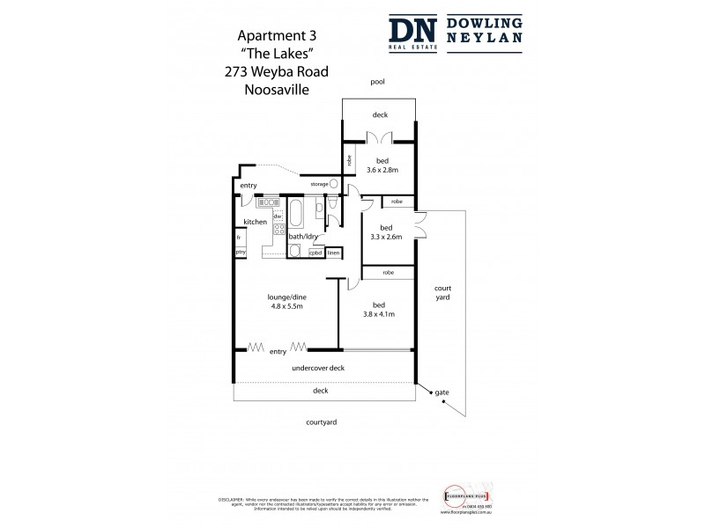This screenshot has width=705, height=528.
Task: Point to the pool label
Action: [378, 82]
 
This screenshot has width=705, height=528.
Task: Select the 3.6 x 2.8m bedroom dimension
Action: [382, 171]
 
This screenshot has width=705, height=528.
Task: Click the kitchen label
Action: [255, 223]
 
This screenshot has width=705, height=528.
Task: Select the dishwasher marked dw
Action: [278, 216]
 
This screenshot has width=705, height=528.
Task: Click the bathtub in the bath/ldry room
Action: [297, 214]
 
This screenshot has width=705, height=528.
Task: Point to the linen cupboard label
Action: [333, 253]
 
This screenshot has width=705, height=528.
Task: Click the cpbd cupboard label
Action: [315, 253]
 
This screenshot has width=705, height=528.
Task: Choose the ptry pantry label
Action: [240, 253]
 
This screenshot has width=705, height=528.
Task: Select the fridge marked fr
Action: [238, 237]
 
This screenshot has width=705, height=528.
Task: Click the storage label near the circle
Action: [318, 184]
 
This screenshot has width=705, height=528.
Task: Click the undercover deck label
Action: [318, 370]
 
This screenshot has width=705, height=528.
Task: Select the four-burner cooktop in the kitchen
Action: [278, 233]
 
